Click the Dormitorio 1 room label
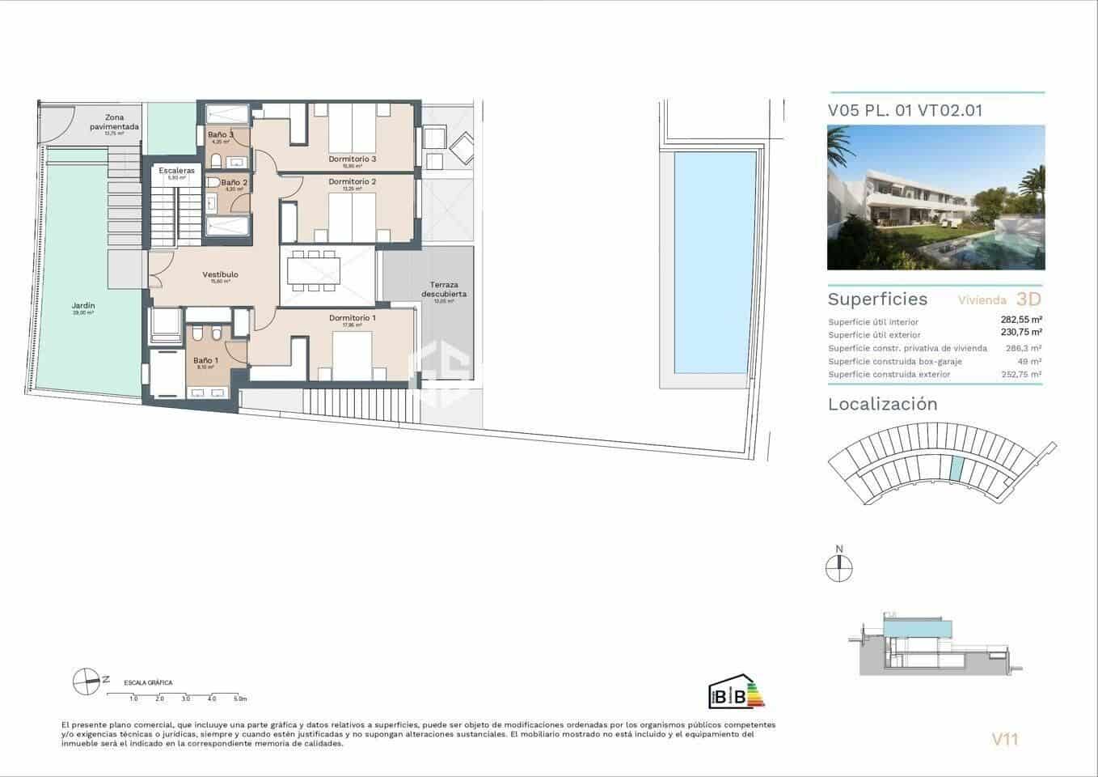(x=352, y=318)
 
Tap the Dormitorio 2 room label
(x=352, y=182)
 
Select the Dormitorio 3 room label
(x=352, y=159)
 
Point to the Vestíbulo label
(x=220, y=275)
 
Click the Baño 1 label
(x=205, y=361)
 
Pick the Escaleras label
(x=176, y=172)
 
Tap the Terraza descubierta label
(x=443, y=290)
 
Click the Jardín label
(x=83, y=306)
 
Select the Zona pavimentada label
(x=114, y=122)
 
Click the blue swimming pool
(x=709, y=262)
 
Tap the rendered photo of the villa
(x=935, y=197)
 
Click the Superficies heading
(x=877, y=299)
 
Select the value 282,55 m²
(x=1020, y=320)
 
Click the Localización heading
(x=882, y=405)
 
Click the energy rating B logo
(x=735, y=692)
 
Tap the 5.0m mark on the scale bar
(x=239, y=698)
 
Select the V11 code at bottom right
(x=1004, y=738)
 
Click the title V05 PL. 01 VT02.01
(x=905, y=111)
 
